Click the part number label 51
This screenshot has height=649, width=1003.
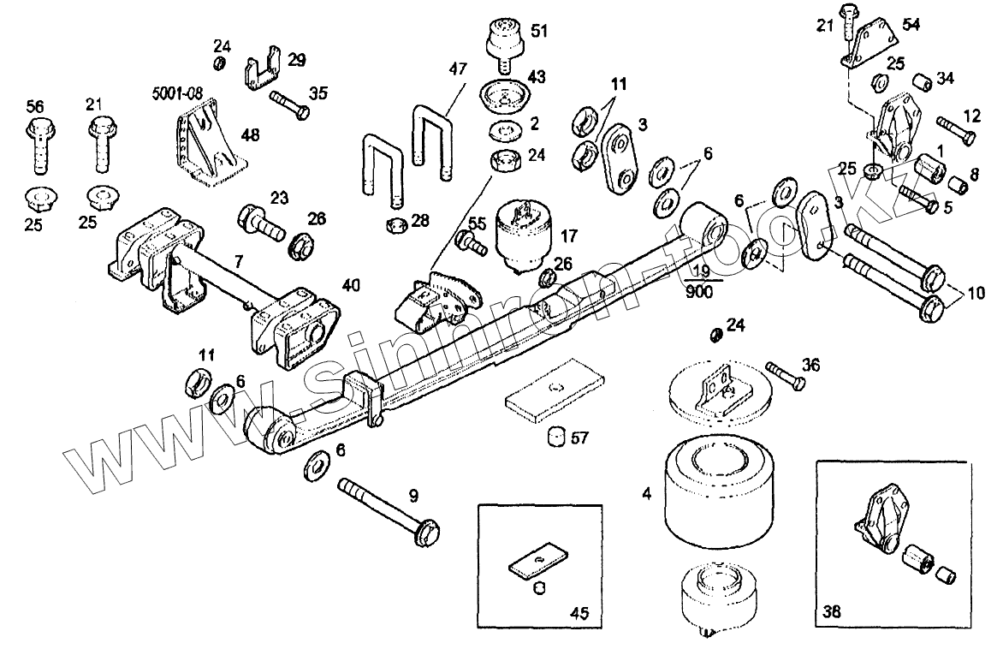(539, 31)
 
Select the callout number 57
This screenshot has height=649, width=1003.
(580, 438)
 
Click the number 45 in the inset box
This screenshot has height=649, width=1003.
(579, 612)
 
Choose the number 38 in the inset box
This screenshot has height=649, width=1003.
(832, 612)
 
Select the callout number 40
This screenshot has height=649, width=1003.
(352, 283)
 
